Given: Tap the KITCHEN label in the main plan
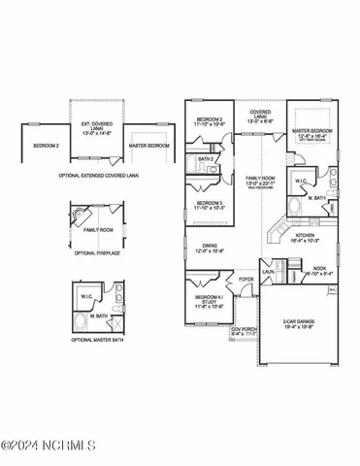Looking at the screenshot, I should tap(305, 237).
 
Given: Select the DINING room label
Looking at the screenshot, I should tap(209, 249).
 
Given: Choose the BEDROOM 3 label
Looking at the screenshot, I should tap(210, 205).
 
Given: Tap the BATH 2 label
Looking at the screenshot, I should tap(206, 157).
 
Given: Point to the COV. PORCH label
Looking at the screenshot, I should tap(243, 330).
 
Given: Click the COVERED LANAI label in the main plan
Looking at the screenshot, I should tap(260, 116).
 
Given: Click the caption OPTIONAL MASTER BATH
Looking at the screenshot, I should tap(96, 340).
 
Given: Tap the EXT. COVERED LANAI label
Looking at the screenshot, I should tap(97, 127).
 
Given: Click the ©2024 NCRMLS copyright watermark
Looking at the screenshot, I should tap(49, 446).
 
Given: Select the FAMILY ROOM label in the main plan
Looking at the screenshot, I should tap(259, 180).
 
